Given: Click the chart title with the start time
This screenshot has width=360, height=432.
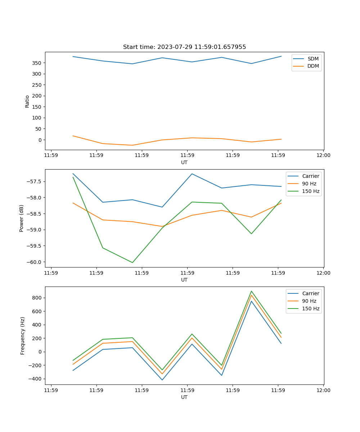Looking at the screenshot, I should click(184, 47).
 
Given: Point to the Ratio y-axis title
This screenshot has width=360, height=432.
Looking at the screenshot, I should click(27, 101).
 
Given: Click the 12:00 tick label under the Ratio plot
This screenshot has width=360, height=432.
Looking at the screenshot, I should click(323, 156).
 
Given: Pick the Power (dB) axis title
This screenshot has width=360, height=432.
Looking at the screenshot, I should click(22, 218).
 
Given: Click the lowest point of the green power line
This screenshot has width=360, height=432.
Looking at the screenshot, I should click(132, 262).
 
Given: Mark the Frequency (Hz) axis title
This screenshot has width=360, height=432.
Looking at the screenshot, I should click(23, 336).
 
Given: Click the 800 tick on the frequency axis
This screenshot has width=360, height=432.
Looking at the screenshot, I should click(37, 298).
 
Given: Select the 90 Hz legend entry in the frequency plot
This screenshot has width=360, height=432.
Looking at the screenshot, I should click(309, 301).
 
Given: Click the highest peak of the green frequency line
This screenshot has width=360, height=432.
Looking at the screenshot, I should click(251, 291).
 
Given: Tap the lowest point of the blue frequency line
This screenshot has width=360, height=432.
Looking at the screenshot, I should click(162, 380).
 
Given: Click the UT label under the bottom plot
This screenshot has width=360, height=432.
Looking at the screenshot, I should click(184, 397).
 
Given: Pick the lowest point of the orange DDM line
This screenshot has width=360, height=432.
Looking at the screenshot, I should click(132, 145).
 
